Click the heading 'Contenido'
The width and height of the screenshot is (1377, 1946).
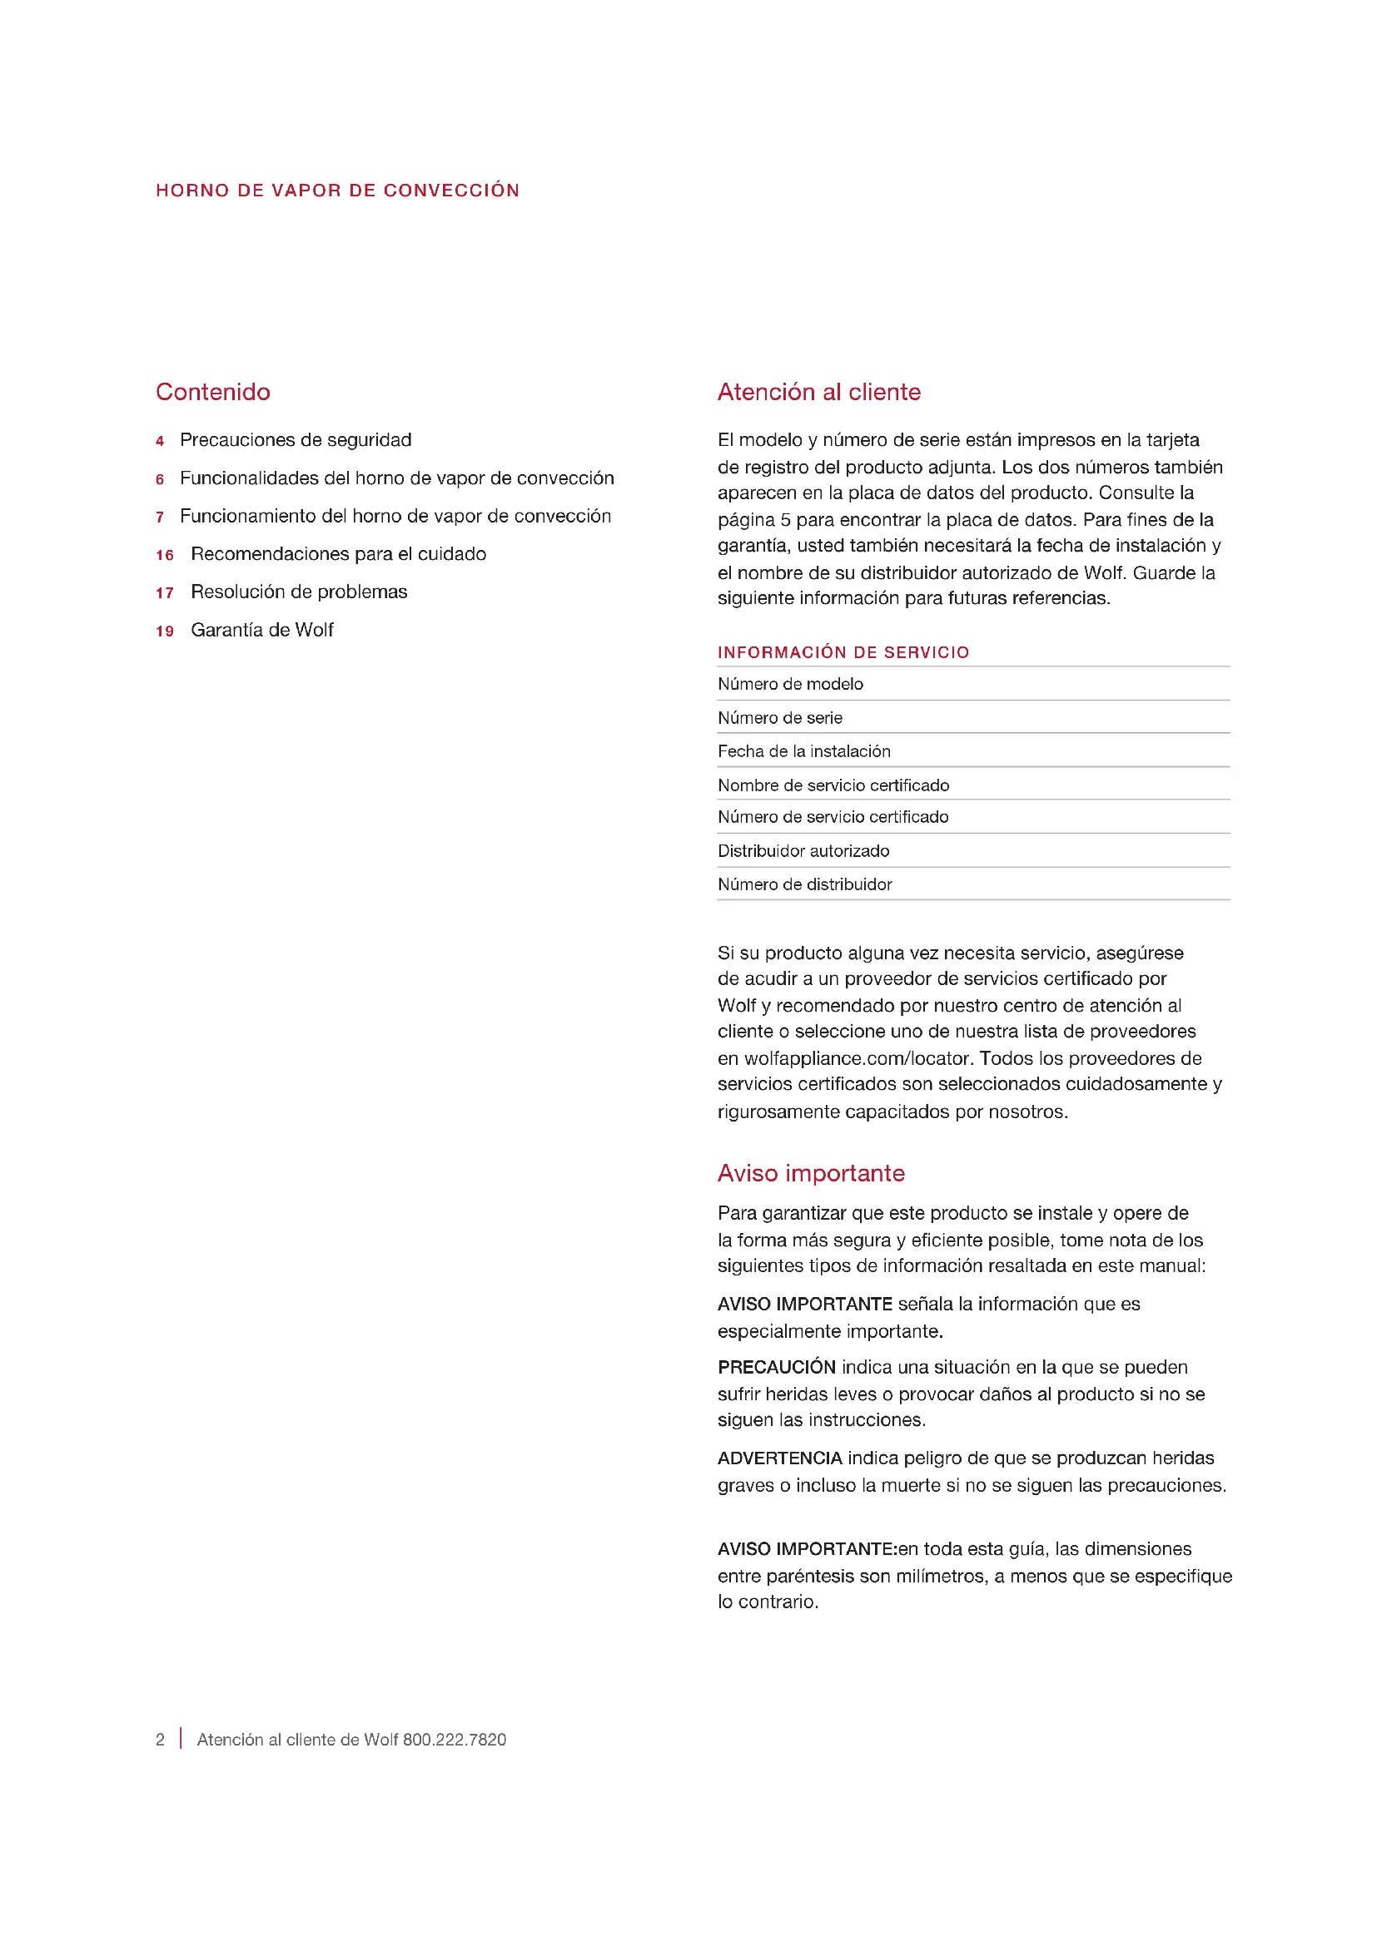pos(213,392)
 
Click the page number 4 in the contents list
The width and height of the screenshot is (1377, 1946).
pos(159,441)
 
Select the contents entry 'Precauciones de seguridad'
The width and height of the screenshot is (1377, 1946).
pos(295,440)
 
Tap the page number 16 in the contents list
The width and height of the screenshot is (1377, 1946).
pos(165,555)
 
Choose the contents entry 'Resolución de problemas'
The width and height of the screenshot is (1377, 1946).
pos(299,592)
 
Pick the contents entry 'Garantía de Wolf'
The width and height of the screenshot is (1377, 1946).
pos(262,630)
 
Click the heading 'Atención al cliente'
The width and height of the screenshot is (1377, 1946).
pos(818,392)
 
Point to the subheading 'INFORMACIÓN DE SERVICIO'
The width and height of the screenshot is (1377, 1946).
pos(843,651)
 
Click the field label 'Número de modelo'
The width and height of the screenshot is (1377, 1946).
pos(789,684)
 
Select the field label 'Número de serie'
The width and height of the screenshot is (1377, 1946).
pos(779,718)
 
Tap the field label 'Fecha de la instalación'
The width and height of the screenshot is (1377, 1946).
pos(804,751)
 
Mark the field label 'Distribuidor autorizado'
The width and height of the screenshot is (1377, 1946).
pos(803,851)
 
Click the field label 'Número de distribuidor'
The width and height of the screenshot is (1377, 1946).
pos(804,884)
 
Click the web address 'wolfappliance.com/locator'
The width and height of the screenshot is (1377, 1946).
pos(857,1058)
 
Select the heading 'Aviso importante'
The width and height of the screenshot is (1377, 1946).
pos(811,1173)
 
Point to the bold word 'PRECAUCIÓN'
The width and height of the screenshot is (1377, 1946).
pos(776,1367)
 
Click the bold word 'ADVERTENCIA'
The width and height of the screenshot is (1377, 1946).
pos(779,1458)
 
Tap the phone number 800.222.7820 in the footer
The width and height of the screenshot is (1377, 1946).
pos(455,1739)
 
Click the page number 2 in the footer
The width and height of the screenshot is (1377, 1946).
pos(160,1739)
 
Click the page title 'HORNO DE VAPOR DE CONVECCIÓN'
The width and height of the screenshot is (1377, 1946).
pos(337,191)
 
